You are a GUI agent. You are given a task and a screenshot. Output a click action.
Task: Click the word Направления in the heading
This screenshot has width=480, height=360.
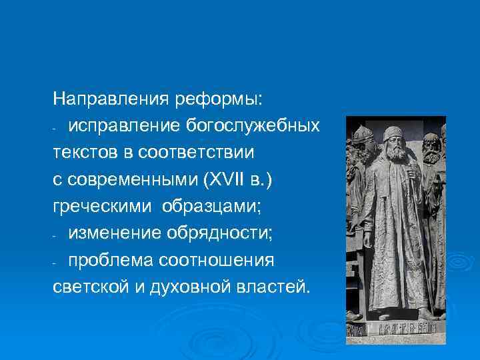click(113, 99)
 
